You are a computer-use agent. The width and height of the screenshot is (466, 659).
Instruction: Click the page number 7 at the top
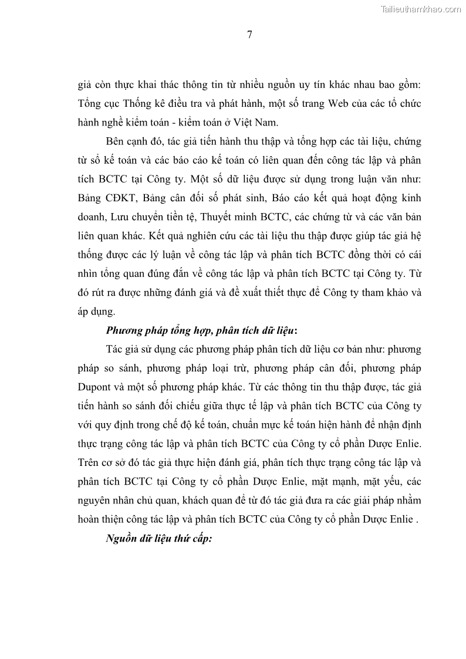point(249,35)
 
